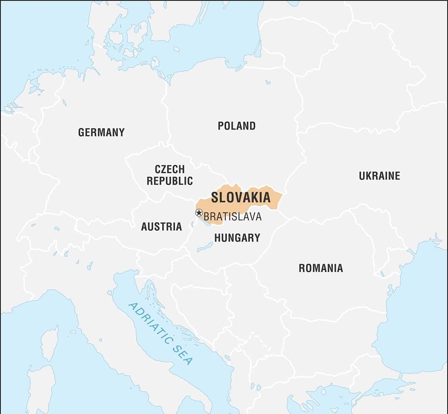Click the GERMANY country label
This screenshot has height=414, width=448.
coord(101,133)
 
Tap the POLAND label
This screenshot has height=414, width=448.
coord(237,126)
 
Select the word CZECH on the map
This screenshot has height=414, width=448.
coord(169,169)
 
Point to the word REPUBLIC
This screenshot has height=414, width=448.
coord(170,181)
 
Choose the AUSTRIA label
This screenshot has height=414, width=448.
coord(161,227)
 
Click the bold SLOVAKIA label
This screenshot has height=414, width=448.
coord(241,198)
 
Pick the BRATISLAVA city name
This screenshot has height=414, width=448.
coord(232,217)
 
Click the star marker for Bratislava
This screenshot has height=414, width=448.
coord(199,213)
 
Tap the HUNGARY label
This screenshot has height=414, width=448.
coord(237,238)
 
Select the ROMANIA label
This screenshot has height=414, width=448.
coord(321,268)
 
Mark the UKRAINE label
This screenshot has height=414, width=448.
coord(379,176)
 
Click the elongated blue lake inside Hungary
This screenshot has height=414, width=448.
coord(205,247)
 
